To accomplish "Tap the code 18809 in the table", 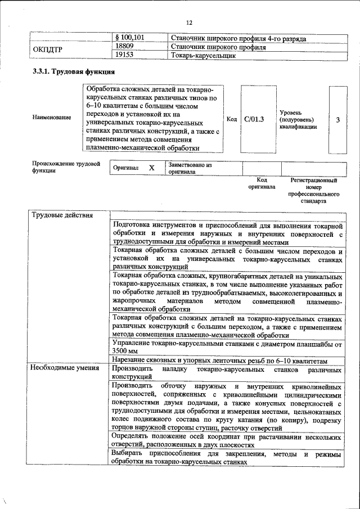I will pyautogui.click(x=124, y=47).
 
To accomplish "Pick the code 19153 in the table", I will pyautogui.click(x=124, y=56).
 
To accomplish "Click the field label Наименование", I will pyautogui.click(x=52, y=118).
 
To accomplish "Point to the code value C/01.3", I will pyautogui.click(x=254, y=119).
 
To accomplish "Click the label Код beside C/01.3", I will pyautogui.click(x=231, y=119).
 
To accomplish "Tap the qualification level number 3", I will pyautogui.click(x=337, y=120).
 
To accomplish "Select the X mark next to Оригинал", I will pyautogui.click(x=151, y=168).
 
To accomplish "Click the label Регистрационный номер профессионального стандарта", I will pyautogui.click(x=313, y=190).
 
